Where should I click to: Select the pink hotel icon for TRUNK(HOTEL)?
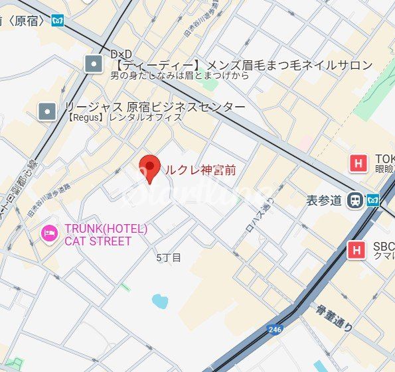[49, 233]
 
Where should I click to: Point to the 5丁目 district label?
[169, 257]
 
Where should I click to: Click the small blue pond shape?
[160, 301]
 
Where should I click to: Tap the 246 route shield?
[274, 329]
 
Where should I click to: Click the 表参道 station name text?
[325, 200]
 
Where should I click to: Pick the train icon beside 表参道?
[356, 200]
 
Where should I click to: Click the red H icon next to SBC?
[357, 250]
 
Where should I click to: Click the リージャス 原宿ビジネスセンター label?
[154, 107]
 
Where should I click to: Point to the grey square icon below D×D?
[94, 64]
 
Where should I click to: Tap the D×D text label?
[121, 53]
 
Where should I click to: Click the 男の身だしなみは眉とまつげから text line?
[179, 76]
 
